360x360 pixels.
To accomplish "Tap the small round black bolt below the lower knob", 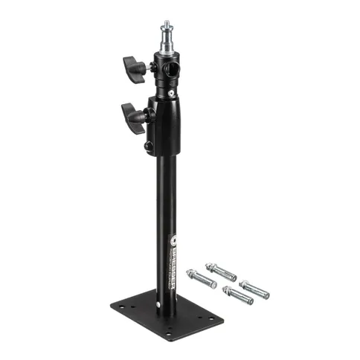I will [149, 146].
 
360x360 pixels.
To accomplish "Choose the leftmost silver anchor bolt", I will [202, 280].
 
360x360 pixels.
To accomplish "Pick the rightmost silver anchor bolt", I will [254, 289].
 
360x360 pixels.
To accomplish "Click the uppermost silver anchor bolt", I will [221, 271].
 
